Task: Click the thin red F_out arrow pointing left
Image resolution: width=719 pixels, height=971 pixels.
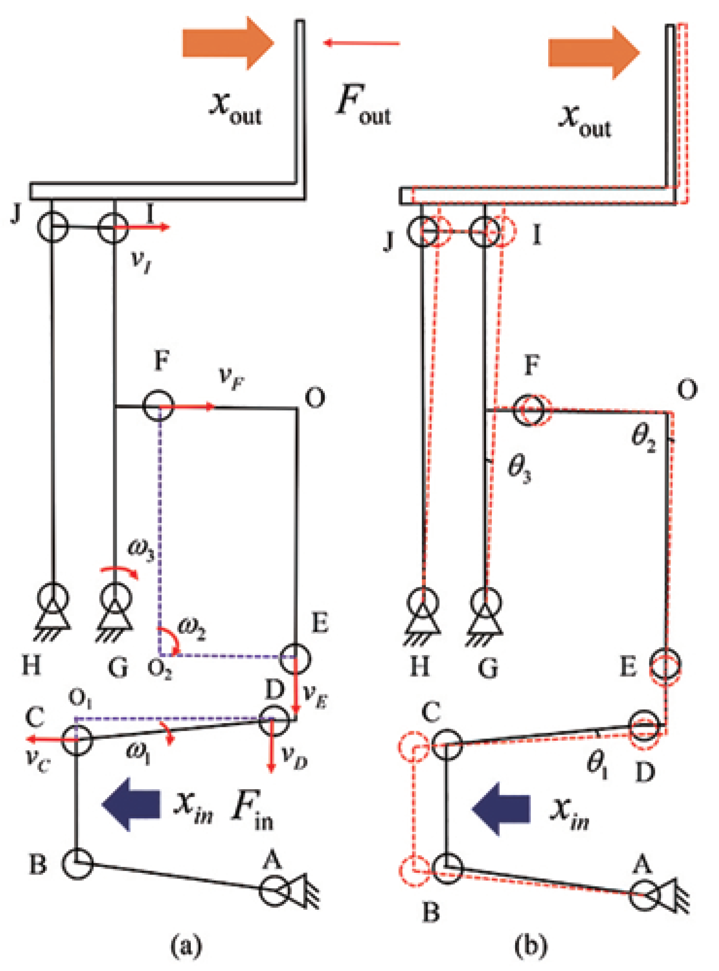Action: click(x=361, y=43)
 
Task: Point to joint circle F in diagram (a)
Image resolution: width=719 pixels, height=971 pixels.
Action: click(x=158, y=405)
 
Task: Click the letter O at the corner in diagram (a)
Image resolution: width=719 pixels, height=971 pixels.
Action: click(x=315, y=398)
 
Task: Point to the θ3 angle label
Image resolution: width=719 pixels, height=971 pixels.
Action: click(x=519, y=468)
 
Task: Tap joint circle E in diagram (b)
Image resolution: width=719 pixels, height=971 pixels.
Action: click(x=665, y=665)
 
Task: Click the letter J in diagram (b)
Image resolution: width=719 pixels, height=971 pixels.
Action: click(x=389, y=239)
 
